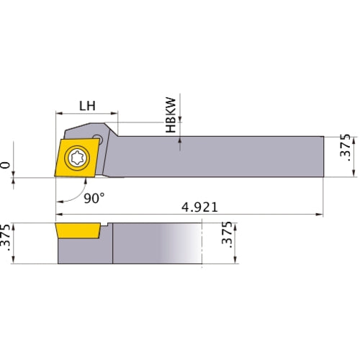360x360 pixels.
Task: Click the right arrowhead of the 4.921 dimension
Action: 320,215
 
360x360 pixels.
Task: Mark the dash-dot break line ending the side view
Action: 204,245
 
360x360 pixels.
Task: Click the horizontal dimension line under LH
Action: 87,114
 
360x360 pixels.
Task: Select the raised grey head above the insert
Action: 90,130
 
